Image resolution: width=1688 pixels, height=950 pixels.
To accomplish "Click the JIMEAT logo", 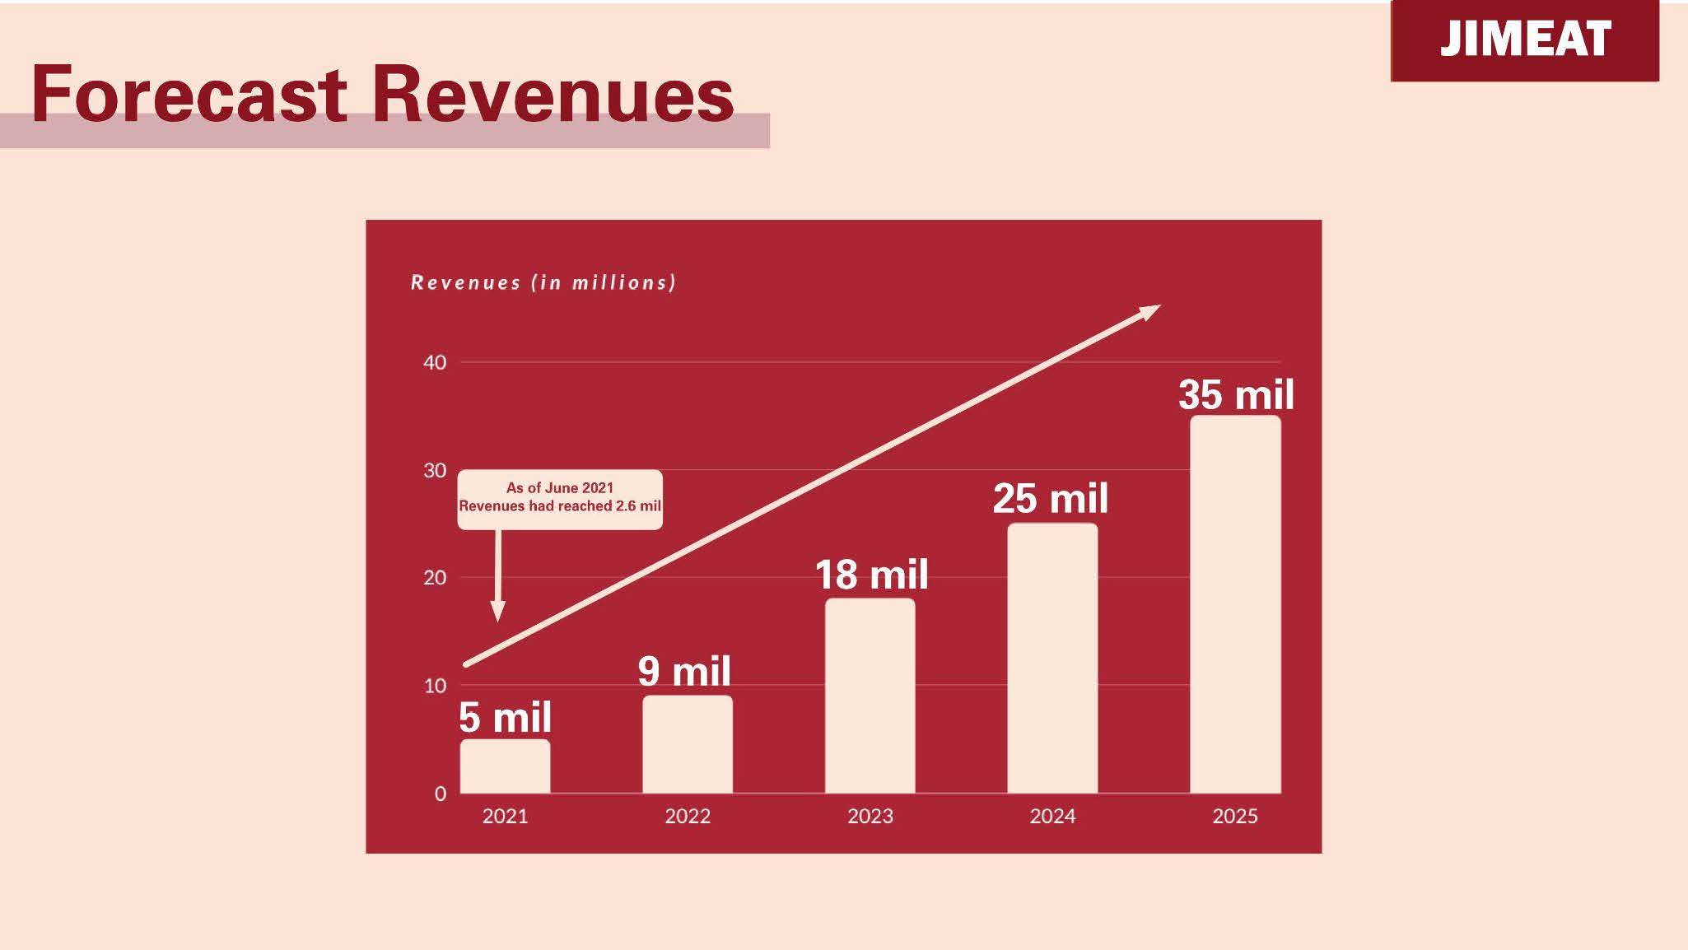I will click(1525, 40).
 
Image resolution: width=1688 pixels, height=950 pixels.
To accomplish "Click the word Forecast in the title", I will click(189, 95).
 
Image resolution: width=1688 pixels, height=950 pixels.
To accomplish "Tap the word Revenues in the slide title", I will click(553, 95).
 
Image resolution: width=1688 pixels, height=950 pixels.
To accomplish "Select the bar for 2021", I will click(505, 766).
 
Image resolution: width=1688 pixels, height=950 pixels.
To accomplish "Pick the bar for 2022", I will click(688, 745).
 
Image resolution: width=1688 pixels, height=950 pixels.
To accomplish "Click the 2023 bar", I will click(870, 696).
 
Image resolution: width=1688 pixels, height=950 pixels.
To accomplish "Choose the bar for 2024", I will click(1052, 659).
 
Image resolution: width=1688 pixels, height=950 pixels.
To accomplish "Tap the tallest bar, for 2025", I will click(1235, 605).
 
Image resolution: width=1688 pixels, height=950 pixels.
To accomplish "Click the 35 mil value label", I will click(1236, 394).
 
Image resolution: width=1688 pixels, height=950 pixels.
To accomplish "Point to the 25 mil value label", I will click(1051, 498).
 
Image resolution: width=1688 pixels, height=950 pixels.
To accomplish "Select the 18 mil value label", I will click(871, 575).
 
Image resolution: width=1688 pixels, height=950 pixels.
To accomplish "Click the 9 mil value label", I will click(684, 671).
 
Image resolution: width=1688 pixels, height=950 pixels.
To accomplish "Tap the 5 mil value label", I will click(505, 717).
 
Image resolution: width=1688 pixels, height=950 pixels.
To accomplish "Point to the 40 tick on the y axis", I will click(435, 362).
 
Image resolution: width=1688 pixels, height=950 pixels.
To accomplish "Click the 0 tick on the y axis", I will click(441, 794).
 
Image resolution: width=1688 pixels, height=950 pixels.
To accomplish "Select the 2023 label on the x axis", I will click(870, 816).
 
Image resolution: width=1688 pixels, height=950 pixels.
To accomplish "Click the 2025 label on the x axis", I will click(1235, 816).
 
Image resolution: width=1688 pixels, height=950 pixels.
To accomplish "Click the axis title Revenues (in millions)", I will click(543, 282).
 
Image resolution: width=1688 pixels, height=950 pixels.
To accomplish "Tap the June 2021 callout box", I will click(560, 499).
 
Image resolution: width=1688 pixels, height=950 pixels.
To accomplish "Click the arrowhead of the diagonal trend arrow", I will click(1149, 311).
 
